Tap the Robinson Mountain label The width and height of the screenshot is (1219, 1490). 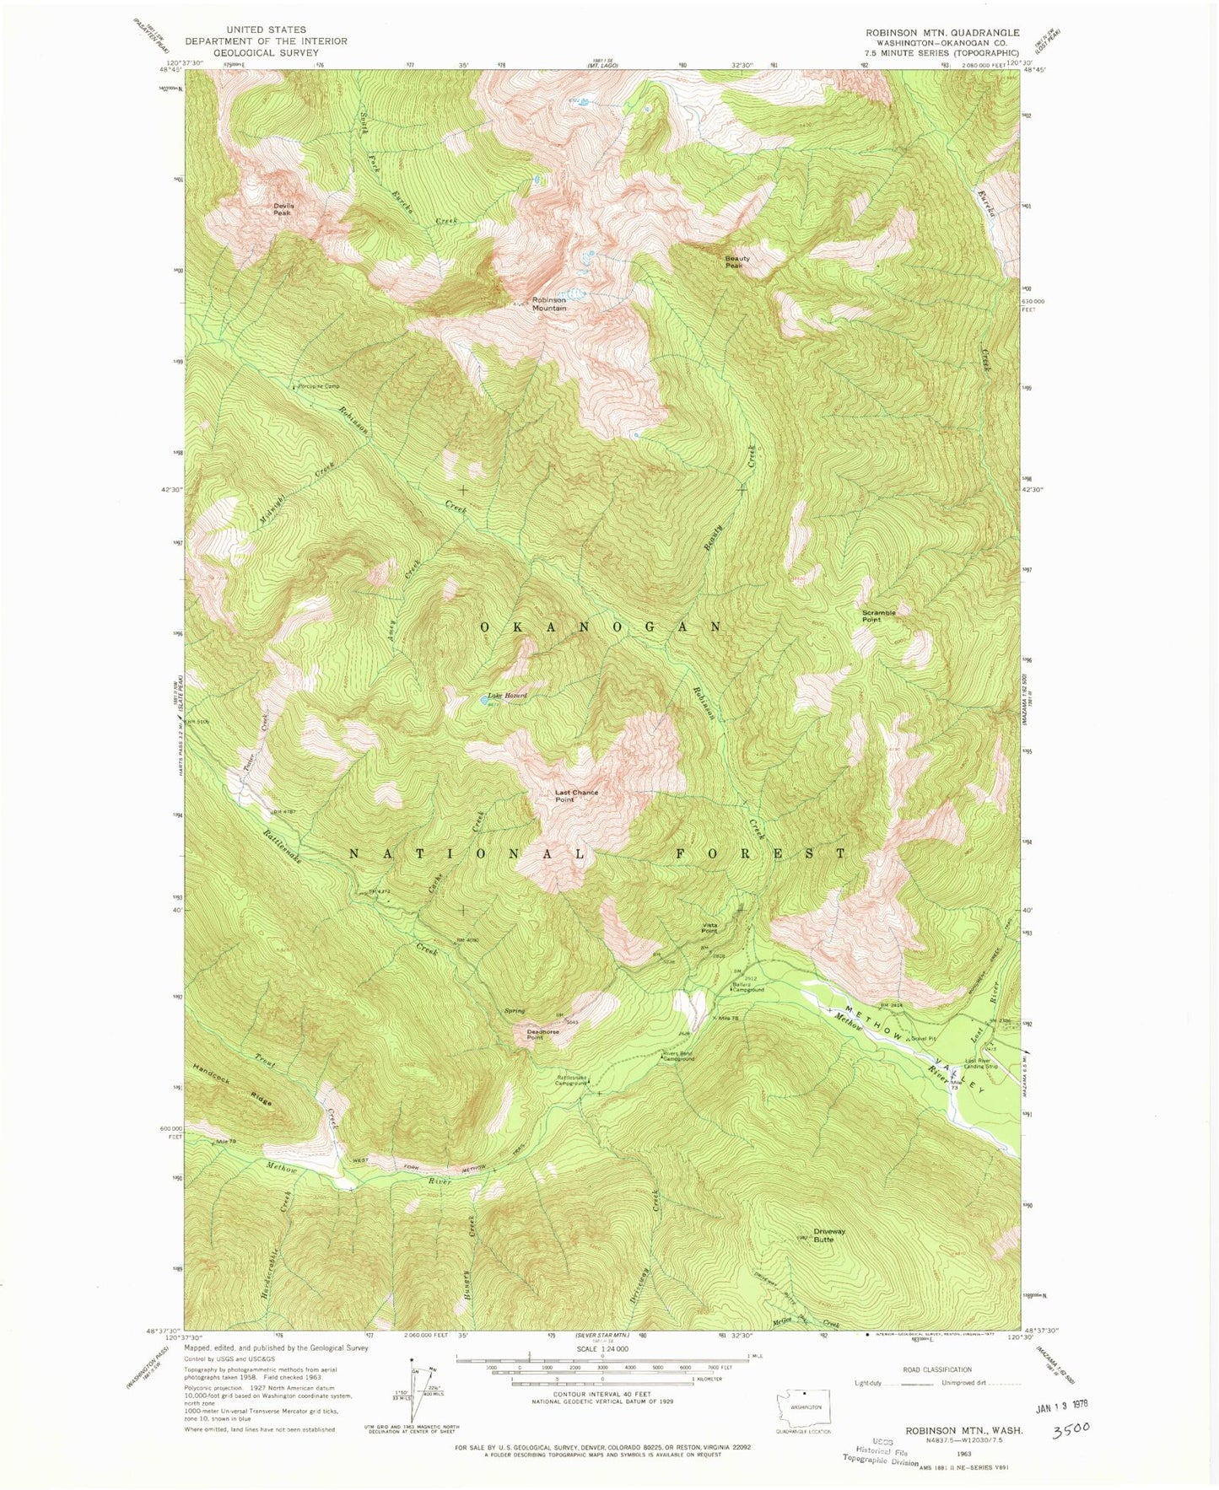click(548, 304)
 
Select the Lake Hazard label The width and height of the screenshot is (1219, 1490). click(507, 696)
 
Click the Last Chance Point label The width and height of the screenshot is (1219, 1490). click(576, 796)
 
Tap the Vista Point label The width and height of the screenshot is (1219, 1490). click(709, 928)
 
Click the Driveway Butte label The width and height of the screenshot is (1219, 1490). click(829, 1235)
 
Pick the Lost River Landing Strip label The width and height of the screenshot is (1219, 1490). click(981, 1063)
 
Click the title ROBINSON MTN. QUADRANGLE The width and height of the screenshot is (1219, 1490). click(941, 33)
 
